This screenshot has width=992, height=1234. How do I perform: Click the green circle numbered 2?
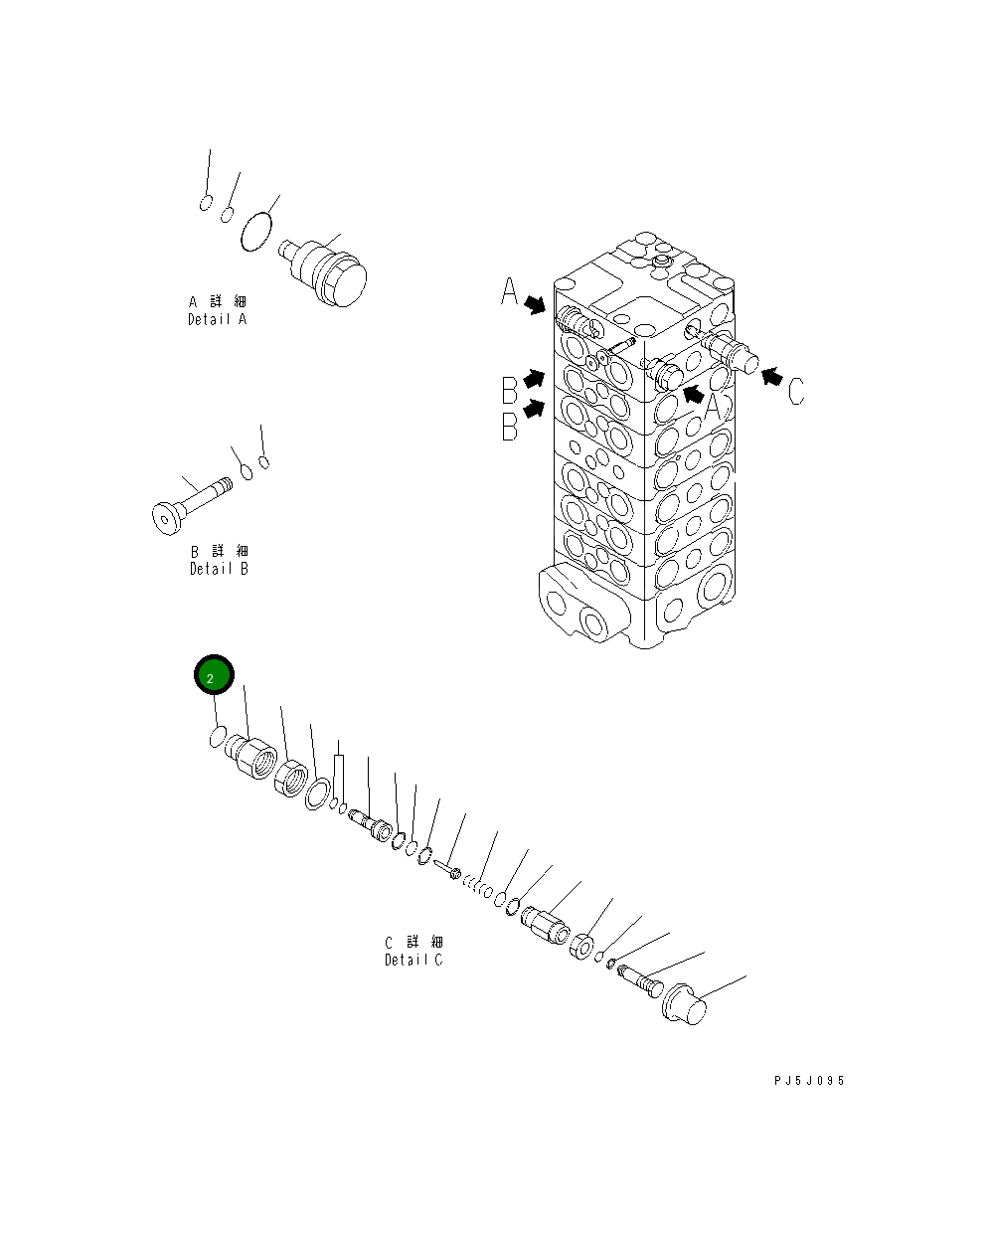pyautogui.click(x=213, y=676)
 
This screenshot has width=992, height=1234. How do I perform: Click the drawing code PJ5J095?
pyautogui.click(x=808, y=1081)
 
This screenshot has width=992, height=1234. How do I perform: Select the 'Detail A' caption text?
pyautogui.click(x=217, y=319)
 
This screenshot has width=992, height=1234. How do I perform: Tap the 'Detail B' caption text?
pyautogui.click(x=219, y=569)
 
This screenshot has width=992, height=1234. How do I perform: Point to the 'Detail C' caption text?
pyautogui.click(x=413, y=960)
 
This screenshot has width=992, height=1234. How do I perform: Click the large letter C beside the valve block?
pyautogui.click(x=796, y=391)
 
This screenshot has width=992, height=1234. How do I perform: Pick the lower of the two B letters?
pyautogui.click(x=509, y=426)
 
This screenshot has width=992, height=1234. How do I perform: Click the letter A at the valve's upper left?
pyautogui.click(x=509, y=292)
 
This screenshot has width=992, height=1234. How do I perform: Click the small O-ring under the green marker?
pyautogui.click(x=216, y=737)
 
